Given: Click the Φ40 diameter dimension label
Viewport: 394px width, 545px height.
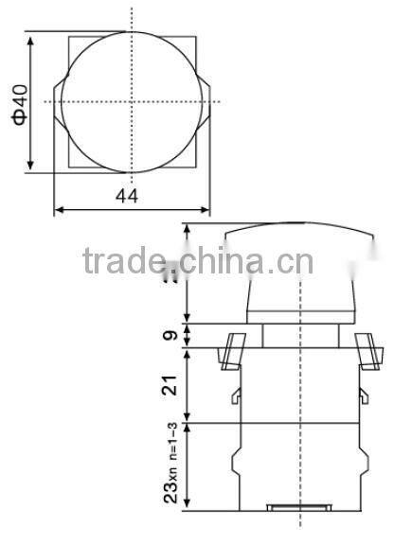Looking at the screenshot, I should pyautogui.click(x=21, y=103).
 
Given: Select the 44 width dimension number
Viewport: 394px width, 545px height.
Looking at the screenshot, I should pyautogui.click(x=128, y=196).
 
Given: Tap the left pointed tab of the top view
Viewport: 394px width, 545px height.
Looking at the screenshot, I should pyautogui.click(x=59, y=102).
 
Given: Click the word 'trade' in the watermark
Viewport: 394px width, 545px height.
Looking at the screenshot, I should pyautogui.click(x=123, y=260).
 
